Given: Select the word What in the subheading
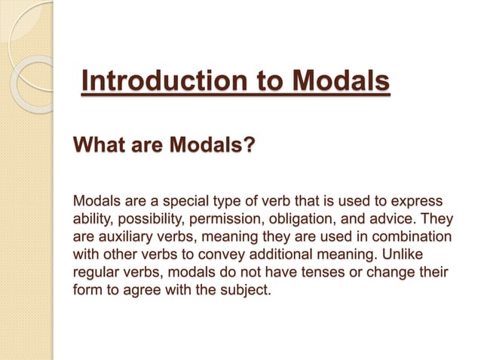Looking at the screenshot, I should (x=96, y=144).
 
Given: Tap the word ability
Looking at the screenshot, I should (x=90, y=219).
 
